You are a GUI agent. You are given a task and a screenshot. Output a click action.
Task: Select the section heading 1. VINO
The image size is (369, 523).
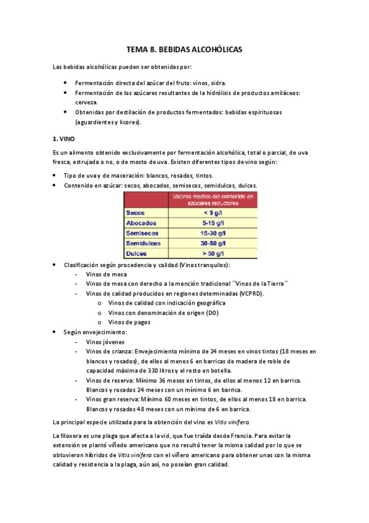[64, 139]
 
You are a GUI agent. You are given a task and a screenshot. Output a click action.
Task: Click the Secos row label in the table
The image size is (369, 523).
[136, 212]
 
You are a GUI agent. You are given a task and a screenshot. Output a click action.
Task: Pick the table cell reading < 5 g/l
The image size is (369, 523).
[213, 212]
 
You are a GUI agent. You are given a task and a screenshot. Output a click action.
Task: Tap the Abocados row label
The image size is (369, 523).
[141, 223]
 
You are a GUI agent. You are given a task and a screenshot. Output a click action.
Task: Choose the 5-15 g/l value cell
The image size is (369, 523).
[213, 223]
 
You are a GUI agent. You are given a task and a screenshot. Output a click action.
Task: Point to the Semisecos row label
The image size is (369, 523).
[142, 233]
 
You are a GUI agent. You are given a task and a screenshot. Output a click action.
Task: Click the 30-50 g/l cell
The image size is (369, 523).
[213, 244]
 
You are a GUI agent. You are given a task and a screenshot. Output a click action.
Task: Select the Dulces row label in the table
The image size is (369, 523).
[137, 253]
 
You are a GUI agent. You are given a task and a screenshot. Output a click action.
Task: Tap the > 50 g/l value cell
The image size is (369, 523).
[213, 253]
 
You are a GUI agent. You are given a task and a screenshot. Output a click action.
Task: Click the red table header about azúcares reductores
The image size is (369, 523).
[213, 199]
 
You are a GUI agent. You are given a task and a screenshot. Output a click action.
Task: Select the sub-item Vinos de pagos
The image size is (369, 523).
[129, 322]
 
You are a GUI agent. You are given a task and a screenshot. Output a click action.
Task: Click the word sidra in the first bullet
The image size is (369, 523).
[218, 83]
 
